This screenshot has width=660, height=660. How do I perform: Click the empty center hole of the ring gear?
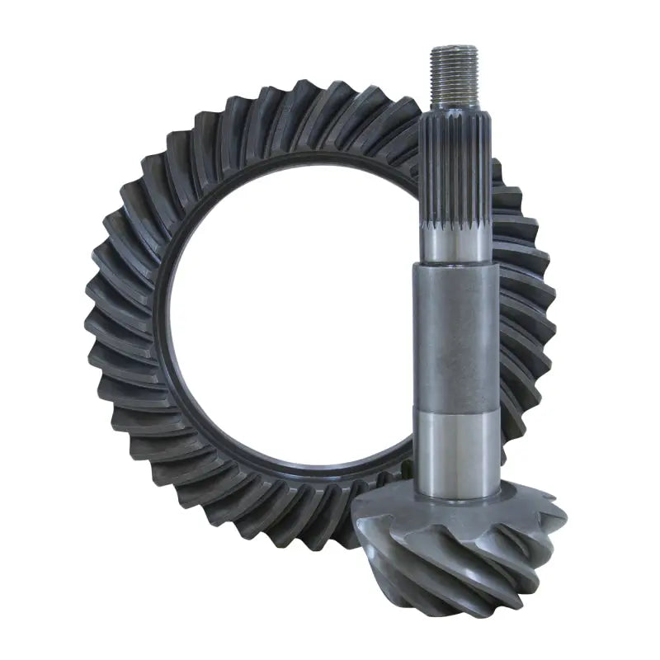coord(289,330)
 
